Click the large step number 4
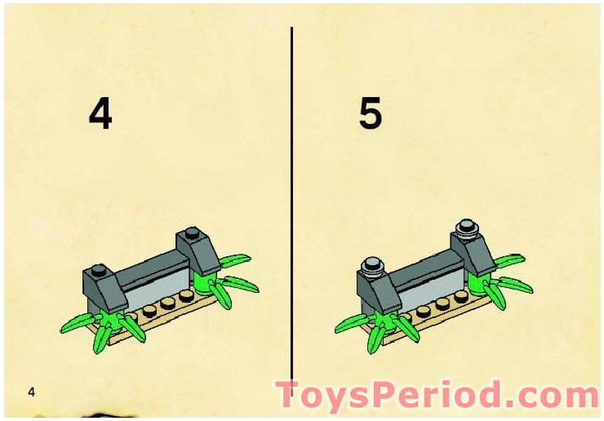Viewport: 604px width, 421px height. (100, 115)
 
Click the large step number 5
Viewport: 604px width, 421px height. (370, 115)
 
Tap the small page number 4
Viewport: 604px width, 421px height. (31, 392)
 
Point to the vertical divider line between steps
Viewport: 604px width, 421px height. (291, 204)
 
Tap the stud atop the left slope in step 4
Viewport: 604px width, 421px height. (98, 270)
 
